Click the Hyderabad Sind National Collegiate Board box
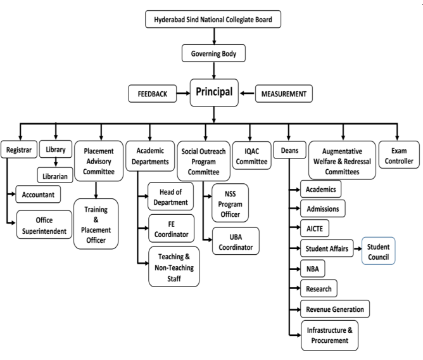[213, 20]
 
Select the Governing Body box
[213, 54]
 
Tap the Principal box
[213, 92]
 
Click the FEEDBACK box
[152, 93]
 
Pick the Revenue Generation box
[335, 309]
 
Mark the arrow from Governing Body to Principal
[213, 70]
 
